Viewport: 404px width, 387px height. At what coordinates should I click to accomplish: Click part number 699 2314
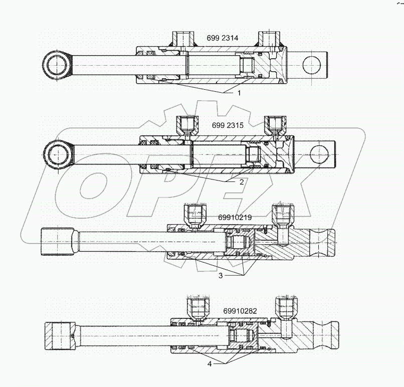(x=224, y=38)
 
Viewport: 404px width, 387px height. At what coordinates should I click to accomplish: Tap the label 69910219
(x=235, y=217)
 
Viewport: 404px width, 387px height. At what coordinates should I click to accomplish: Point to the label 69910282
(x=240, y=311)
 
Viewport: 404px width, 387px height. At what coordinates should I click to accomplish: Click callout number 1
(x=239, y=93)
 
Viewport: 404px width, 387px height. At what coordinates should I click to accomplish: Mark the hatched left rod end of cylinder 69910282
(x=59, y=335)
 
